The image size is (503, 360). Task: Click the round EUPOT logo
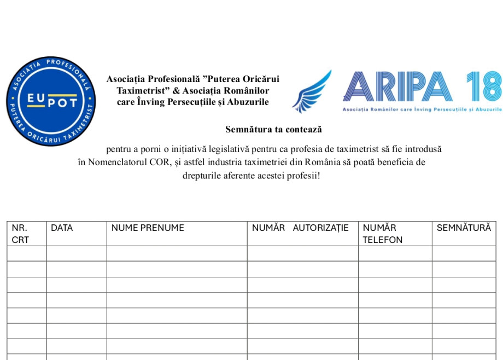(51, 101)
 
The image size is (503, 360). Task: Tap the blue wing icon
(312, 91)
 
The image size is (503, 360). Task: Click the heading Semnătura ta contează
(273, 130)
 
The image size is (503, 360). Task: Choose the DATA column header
(62, 228)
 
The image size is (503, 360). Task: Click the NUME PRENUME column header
(148, 228)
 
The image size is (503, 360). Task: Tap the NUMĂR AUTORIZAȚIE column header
(300, 228)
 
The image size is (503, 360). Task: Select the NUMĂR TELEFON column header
(382, 234)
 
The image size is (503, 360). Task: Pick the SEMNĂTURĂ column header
(464, 228)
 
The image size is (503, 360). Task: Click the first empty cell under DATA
(76, 253)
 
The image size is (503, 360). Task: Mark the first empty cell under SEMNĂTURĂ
(464, 253)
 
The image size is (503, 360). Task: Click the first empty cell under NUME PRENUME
(177, 253)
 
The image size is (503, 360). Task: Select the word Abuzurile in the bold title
(250, 102)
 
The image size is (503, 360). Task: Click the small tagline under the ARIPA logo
(421, 109)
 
